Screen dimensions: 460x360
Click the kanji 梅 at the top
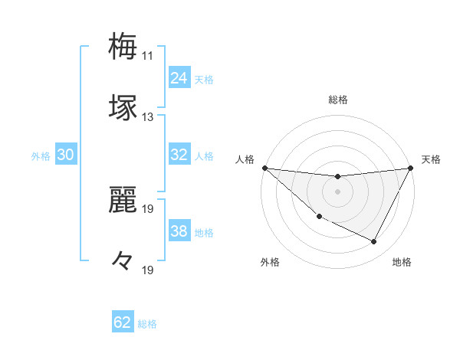123,45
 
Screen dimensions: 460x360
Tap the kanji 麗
123,200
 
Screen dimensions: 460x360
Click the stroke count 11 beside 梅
147,56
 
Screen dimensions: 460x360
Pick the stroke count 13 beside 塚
147,117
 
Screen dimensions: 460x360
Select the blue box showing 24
179,78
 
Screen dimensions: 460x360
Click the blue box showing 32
179,155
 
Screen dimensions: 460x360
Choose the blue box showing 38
179,231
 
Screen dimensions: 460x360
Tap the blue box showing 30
66,155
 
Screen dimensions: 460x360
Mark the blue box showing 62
123,322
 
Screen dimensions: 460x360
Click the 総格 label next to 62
147,324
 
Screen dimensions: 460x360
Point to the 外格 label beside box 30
41,156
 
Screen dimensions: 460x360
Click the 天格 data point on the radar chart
411,168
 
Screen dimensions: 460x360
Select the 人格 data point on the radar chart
264,168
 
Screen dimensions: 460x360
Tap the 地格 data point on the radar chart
374,242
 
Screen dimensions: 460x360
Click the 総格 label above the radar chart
338,100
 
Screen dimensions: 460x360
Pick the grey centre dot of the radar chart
337,191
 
